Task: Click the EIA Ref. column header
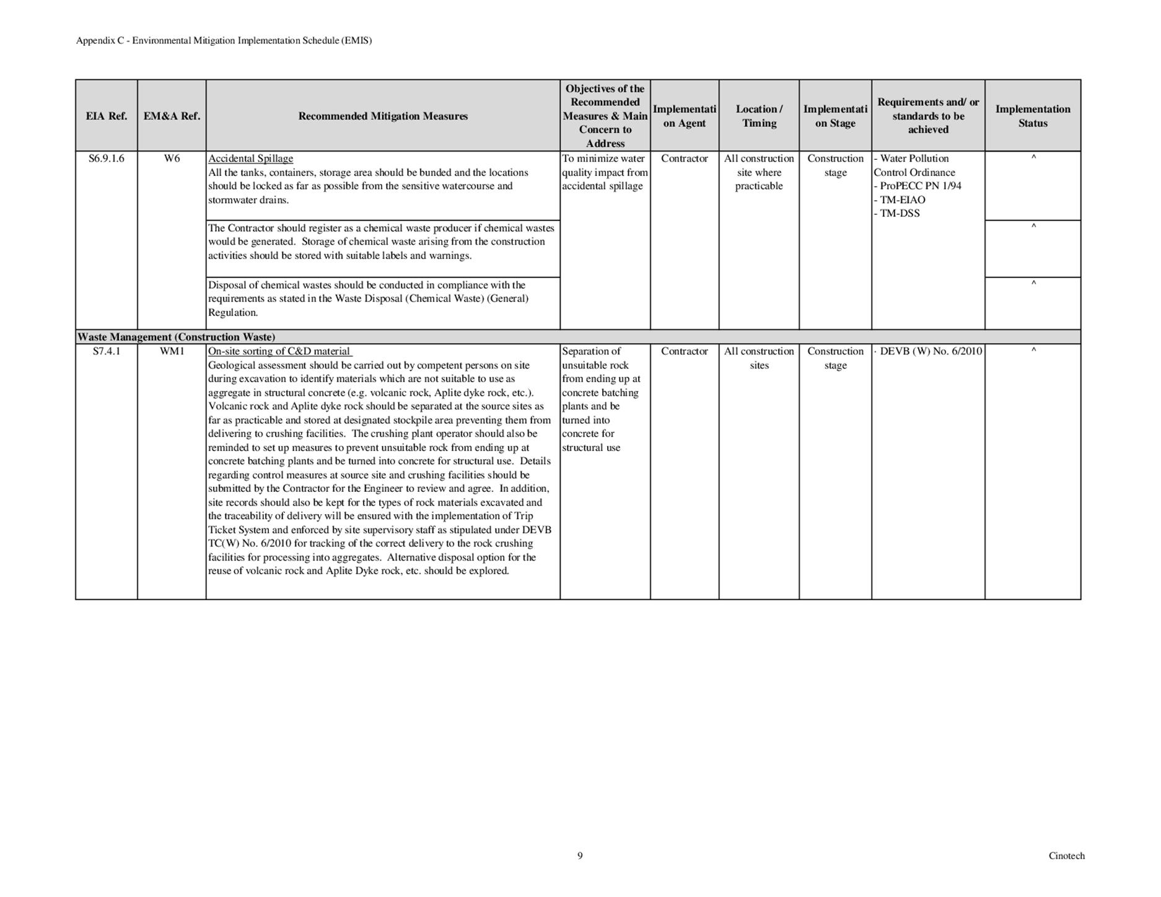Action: [x=107, y=116]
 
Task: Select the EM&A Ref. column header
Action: [x=172, y=116]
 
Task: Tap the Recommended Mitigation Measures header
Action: [x=383, y=116]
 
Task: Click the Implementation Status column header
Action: [x=1033, y=116]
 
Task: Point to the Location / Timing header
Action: [x=759, y=116]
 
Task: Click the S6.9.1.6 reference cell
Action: [x=107, y=159]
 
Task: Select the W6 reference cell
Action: [x=172, y=159]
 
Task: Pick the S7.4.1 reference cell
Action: [x=107, y=351]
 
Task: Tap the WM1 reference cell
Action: [x=172, y=351]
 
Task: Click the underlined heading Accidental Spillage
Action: [x=250, y=159]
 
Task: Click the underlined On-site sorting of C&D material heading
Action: [x=279, y=351]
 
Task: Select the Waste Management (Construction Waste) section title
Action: [x=176, y=337]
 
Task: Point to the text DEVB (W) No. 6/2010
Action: [x=931, y=351]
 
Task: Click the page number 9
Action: [x=580, y=855]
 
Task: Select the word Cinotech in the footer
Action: [x=1066, y=855]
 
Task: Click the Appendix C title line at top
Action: [x=224, y=41]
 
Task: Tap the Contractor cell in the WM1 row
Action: [x=684, y=351]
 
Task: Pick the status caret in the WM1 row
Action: [x=1033, y=350]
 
